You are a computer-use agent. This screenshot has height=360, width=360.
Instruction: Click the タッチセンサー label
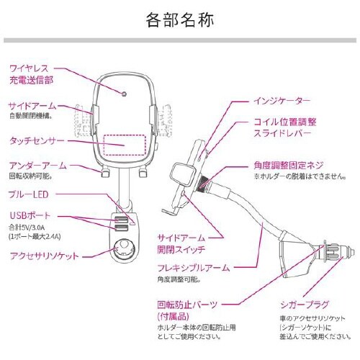coord(37,140)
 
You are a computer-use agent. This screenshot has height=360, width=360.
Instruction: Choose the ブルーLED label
coord(30,194)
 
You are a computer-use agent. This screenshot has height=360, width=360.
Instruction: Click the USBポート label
coord(28,215)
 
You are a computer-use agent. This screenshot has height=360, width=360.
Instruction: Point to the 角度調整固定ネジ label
coord(294,163)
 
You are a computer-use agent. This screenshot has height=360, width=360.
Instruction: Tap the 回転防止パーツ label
coord(187,305)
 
